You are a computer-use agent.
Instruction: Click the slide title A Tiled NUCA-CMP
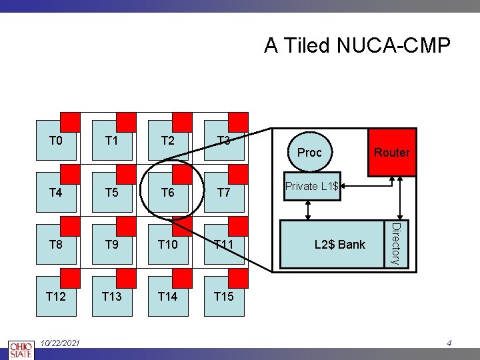357,45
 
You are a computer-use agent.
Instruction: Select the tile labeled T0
56,141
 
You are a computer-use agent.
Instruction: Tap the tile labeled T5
112,193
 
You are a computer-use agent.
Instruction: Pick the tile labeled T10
168,245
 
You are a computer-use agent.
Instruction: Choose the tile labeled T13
112,297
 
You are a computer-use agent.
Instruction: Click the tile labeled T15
224,297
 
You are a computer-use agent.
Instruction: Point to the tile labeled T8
56,245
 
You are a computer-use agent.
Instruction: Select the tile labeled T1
112,141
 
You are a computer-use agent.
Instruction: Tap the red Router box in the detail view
391,153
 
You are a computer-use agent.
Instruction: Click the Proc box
309,153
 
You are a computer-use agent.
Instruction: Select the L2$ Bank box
339,245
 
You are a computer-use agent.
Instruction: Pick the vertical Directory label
395,244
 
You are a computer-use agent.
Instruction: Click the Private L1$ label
311,186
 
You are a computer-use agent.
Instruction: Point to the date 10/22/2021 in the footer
60,343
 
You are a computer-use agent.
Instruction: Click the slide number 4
449,343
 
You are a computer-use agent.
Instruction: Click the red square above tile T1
126,122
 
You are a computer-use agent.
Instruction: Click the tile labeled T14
168,297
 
